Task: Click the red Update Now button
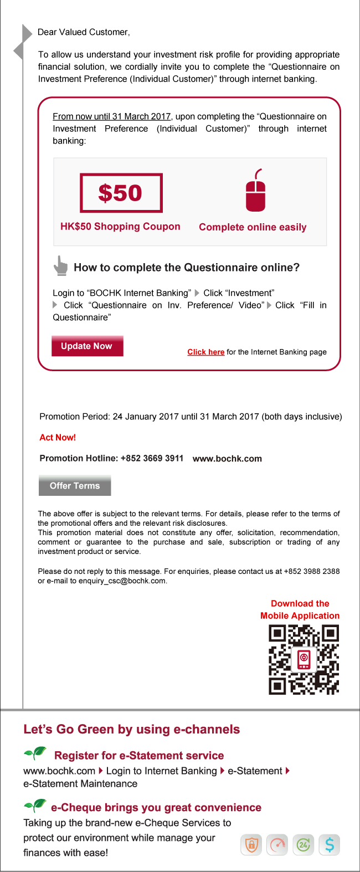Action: (x=87, y=346)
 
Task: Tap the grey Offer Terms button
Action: (x=75, y=486)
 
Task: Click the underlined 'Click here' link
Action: (x=205, y=352)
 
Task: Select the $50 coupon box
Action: (x=121, y=193)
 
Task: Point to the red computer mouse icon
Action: (x=255, y=191)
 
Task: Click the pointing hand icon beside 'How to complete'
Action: (x=60, y=266)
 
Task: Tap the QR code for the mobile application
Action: (x=304, y=659)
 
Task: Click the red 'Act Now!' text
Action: (x=58, y=437)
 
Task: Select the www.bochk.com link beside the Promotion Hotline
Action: (x=227, y=459)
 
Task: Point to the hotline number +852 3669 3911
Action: (x=152, y=458)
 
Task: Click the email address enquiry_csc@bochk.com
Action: (x=122, y=581)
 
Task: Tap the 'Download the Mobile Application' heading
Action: (x=300, y=609)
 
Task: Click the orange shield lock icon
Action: (x=251, y=845)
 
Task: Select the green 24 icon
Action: (x=304, y=845)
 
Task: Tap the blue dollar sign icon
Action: (x=330, y=845)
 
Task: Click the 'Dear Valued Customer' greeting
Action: (x=84, y=32)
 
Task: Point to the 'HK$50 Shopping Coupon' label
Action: (x=120, y=227)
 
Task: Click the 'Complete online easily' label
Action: (x=253, y=227)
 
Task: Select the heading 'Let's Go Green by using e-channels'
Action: (x=132, y=729)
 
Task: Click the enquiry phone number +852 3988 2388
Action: (x=312, y=571)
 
